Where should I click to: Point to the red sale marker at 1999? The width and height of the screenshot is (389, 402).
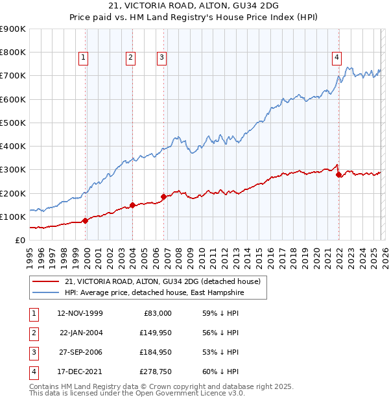pyautogui.click(x=86, y=220)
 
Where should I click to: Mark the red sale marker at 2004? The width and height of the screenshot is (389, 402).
pyautogui.click(x=132, y=205)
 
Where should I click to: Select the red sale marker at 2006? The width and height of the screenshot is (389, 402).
pyautogui.click(x=163, y=196)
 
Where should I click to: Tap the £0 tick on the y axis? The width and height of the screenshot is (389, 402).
pyautogui.click(x=19, y=240)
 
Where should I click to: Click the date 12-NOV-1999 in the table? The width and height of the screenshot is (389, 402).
pyautogui.click(x=80, y=313)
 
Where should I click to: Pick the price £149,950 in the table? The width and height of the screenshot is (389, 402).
pyautogui.click(x=156, y=333)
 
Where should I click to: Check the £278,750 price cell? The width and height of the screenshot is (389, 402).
pyautogui.click(x=156, y=372)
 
